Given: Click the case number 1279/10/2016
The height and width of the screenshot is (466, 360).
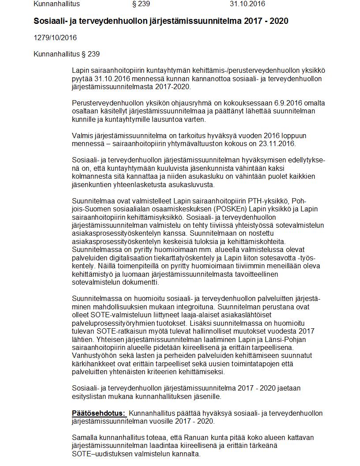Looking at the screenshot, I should click(x=55, y=38).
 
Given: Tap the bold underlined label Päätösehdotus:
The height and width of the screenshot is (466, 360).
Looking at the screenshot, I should click(x=99, y=413).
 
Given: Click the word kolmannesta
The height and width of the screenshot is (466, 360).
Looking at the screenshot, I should click(x=90, y=177).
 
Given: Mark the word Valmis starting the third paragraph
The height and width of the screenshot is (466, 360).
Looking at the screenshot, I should click(x=82, y=135).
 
